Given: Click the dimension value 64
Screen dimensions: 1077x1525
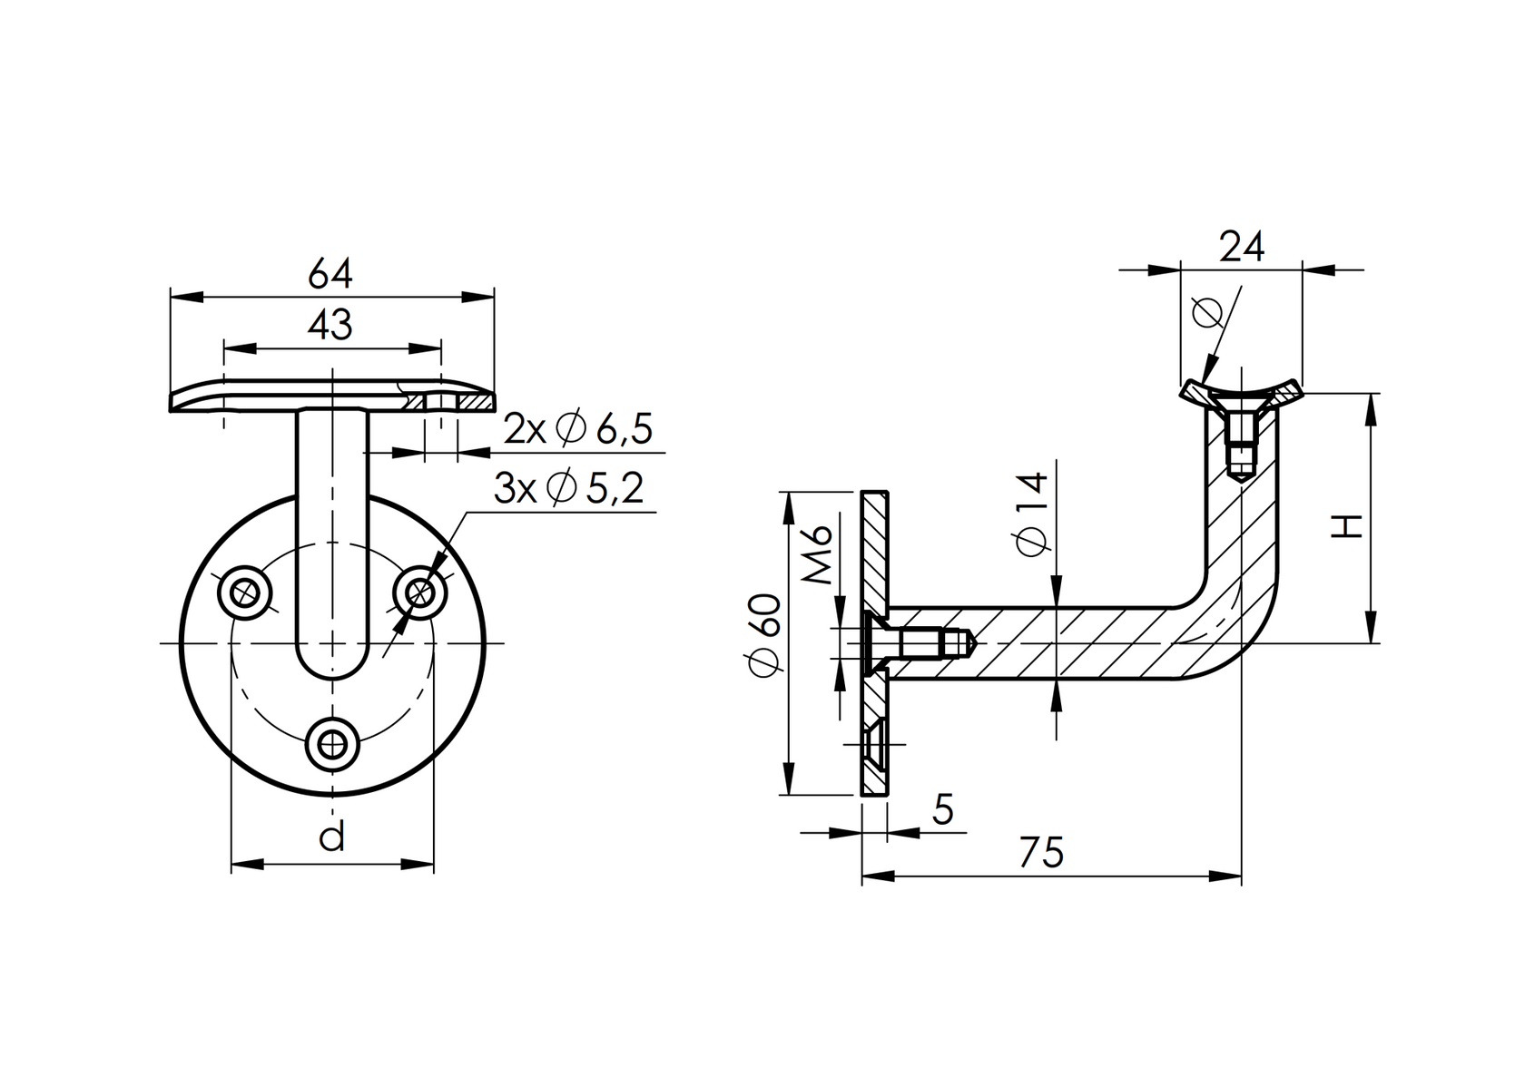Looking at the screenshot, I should pos(330,272).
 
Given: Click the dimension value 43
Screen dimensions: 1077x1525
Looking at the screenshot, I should pos(330,325).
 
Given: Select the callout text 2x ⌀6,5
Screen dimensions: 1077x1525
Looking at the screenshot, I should pos(578,429).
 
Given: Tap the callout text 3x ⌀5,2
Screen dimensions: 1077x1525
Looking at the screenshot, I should pos(568,489).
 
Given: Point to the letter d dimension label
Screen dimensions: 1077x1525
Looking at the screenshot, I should pos(332,837).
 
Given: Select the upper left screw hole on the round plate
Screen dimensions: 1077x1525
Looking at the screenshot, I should pos(245,593).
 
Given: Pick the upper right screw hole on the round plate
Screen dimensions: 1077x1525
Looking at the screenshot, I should pos(419,593).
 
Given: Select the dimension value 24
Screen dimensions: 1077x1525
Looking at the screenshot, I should pos(1241,247).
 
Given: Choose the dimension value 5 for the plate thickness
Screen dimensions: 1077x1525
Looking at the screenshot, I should pos(943,809).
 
